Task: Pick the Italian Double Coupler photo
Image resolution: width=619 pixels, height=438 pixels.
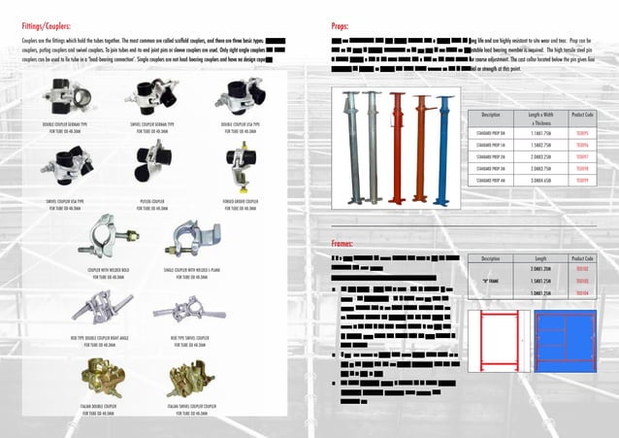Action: (x=98, y=375)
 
